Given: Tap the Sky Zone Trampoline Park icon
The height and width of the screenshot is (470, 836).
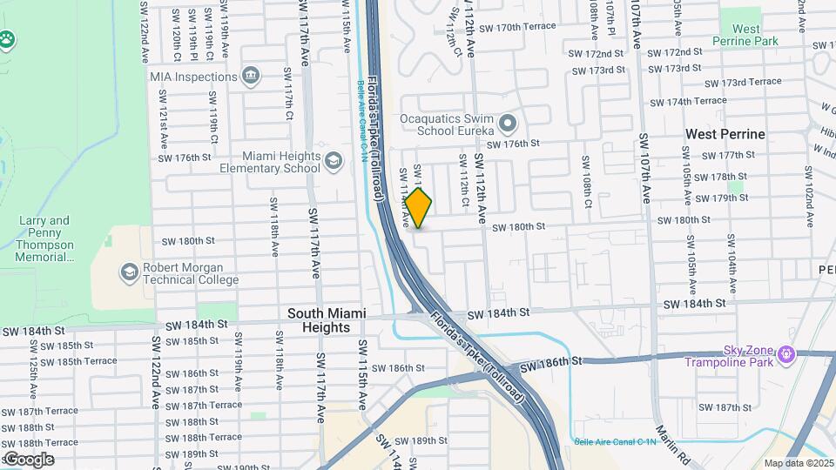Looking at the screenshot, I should (x=787, y=354).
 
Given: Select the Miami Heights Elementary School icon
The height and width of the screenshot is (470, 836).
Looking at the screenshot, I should (x=333, y=161).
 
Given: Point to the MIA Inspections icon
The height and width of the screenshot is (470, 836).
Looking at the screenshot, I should (x=251, y=77).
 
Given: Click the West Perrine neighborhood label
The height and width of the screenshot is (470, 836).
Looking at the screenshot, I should (x=725, y=134).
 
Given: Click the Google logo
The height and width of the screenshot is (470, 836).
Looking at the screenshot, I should (x=28, y=459).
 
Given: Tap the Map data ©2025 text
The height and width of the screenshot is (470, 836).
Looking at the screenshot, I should (x=799, y=463).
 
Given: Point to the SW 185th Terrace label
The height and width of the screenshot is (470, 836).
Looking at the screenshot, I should (x=78, y=360).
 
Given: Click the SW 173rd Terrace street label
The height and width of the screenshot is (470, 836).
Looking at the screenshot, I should (x=743, y=83).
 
